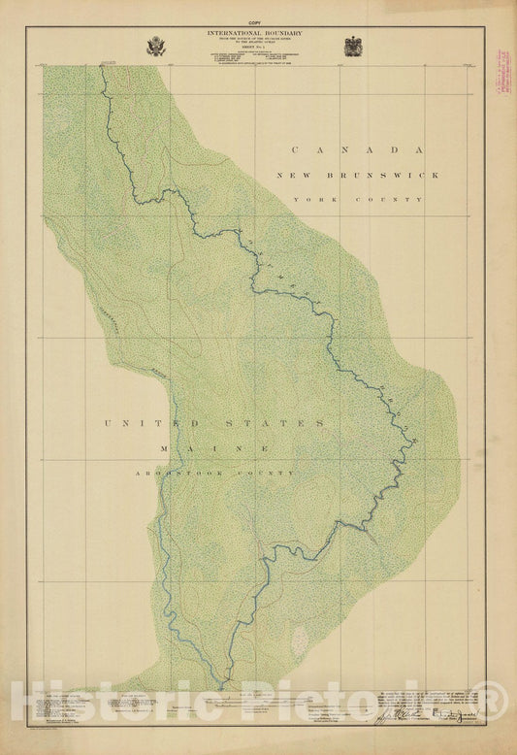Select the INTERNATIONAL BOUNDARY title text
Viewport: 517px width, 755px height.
coord(254,33)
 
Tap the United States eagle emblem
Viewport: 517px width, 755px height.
coord(156,46)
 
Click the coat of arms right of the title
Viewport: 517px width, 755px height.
coord(353,46)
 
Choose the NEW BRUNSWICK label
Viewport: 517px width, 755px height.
coord(357,176)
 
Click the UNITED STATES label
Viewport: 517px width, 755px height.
coord(214,424)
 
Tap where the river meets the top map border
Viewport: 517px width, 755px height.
coord(102,67)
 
